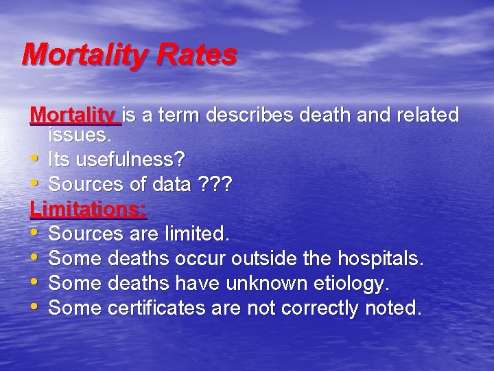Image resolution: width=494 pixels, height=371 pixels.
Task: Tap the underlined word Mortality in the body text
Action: coord(73,115)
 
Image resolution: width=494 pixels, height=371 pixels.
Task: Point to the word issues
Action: coord(80,136)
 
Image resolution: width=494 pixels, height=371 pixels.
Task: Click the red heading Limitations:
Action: coord(89,209)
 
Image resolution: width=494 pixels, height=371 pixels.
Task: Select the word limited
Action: coord(196,234)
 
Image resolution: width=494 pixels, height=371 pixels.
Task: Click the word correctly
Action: coord(315,308)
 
